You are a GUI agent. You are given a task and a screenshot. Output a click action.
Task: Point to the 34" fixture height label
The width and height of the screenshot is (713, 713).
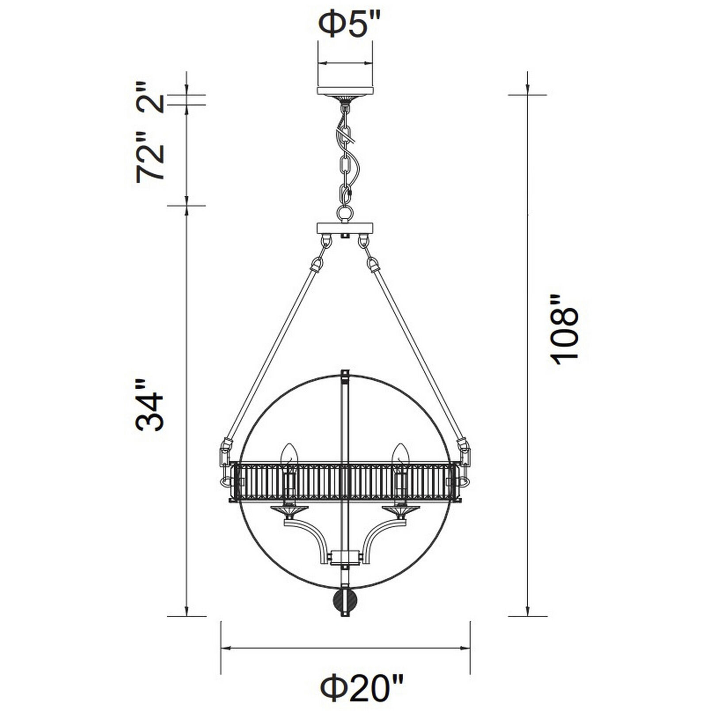(x=150, y=405)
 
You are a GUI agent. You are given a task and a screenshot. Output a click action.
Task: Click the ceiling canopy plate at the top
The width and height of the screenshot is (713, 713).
(x=345, y=91)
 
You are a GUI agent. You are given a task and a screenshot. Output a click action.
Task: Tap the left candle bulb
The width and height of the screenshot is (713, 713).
(x=289, y=455)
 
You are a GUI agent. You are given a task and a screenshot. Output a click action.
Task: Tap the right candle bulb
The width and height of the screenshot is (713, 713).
(x=400, y=455)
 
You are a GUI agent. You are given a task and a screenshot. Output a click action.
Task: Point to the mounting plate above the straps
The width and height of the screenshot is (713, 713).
(x=345, y=229)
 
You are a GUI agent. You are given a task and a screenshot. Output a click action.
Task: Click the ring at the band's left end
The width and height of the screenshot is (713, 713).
(x=225, y=480)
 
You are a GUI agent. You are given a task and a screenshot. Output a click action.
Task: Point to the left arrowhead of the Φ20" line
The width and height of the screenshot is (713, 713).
(x=225, y=648)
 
